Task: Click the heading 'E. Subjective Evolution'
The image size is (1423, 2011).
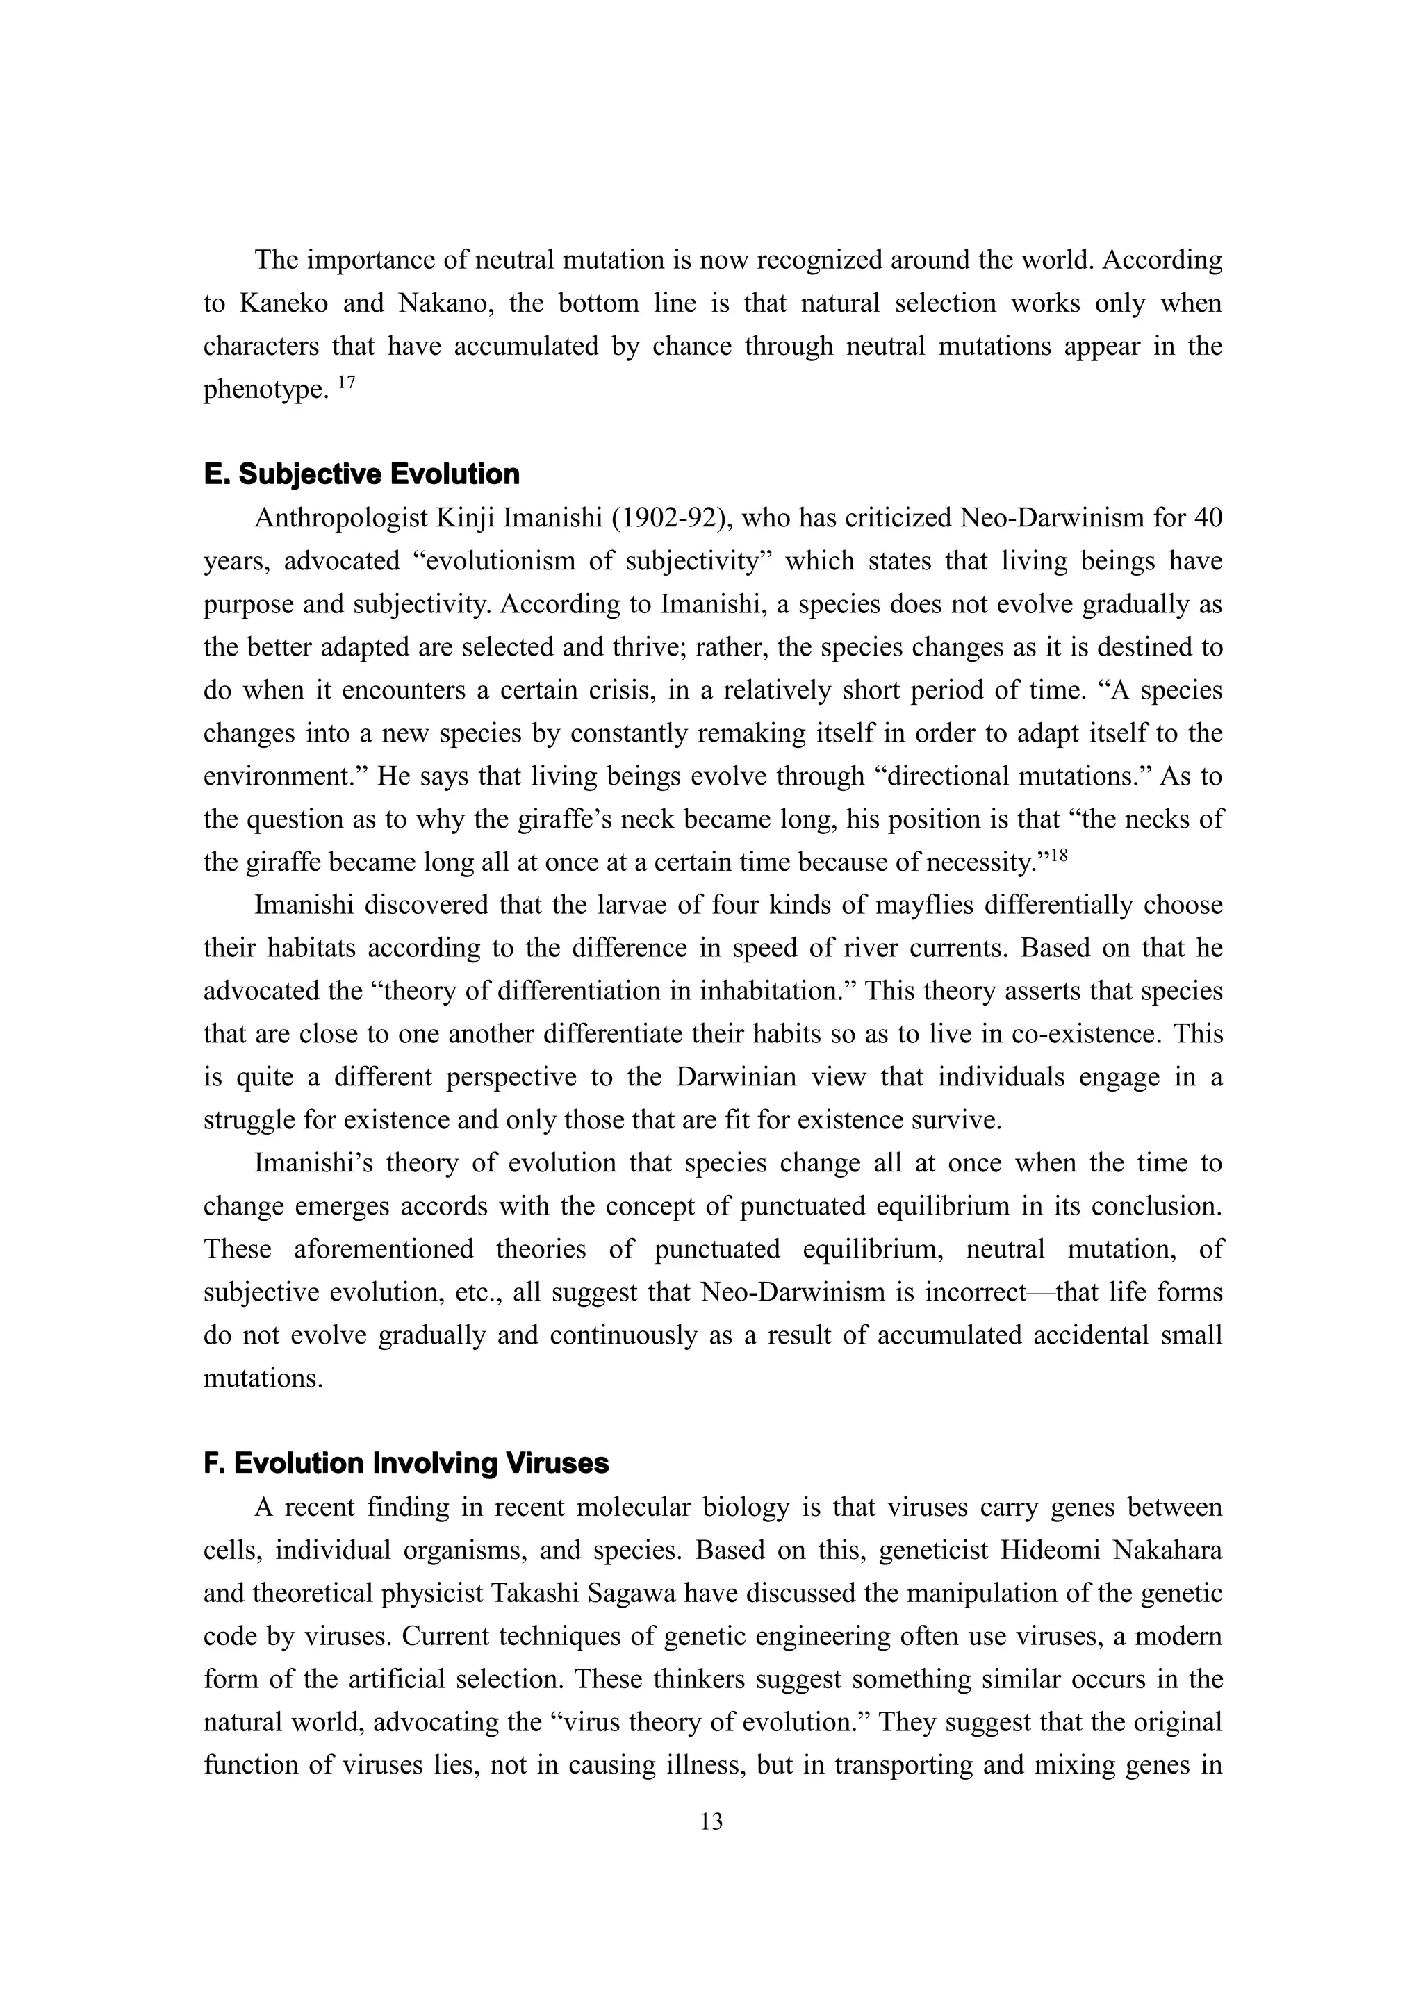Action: pyautogui.click(x=361, y=475)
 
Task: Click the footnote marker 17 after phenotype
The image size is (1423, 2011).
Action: pyautogui.click(x=346, y=382)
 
